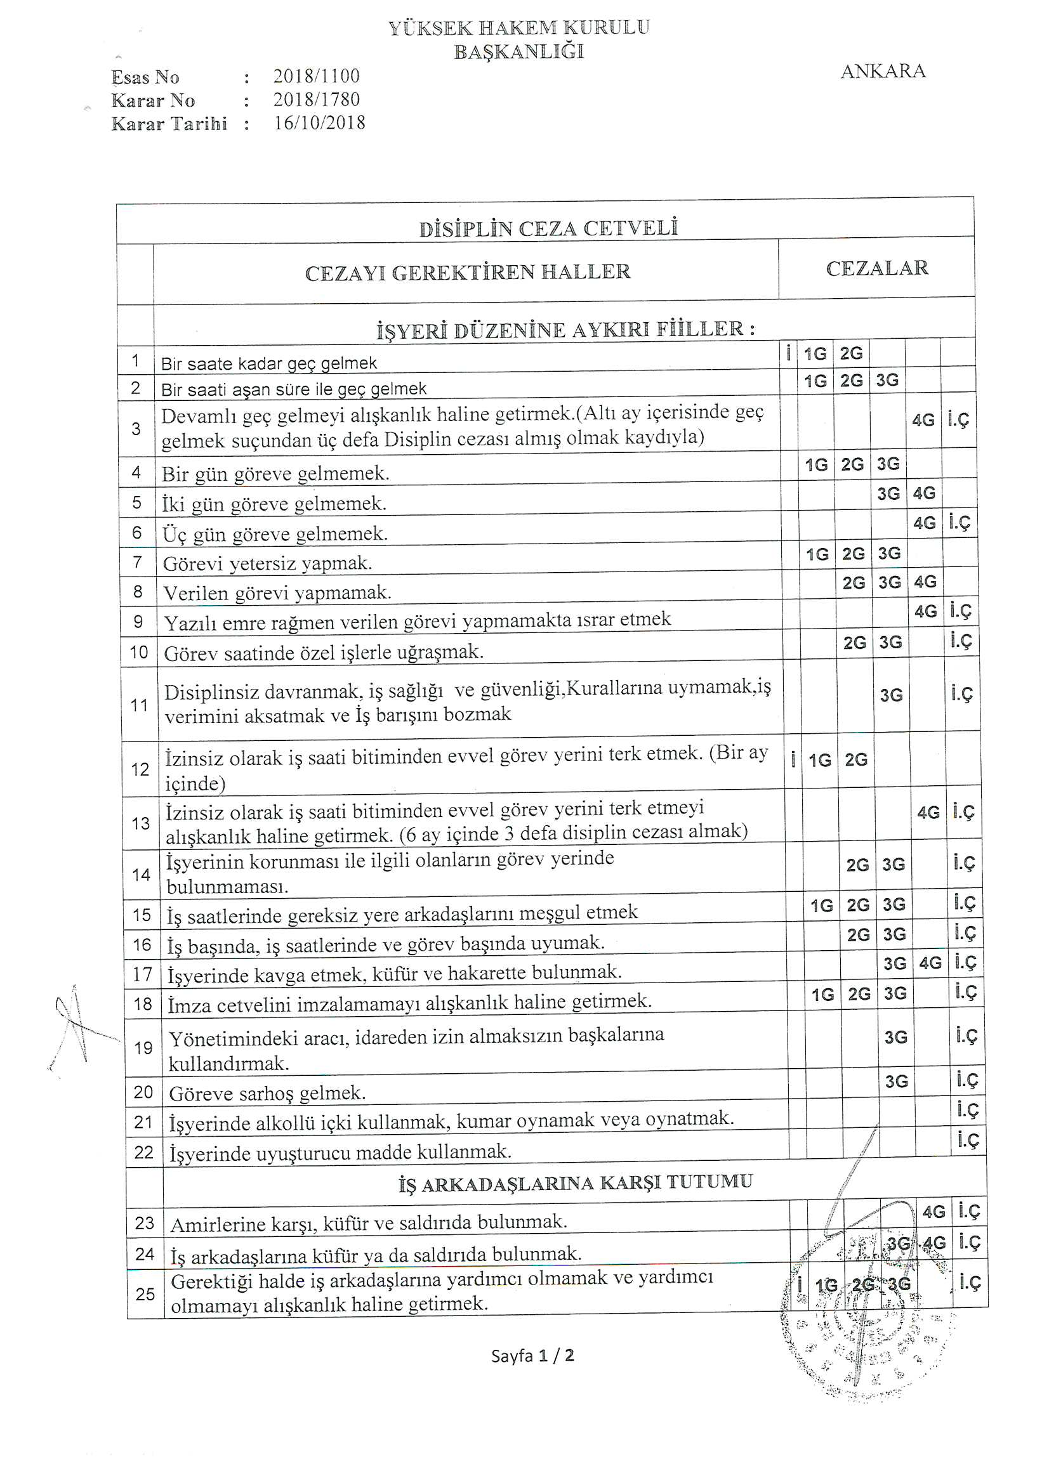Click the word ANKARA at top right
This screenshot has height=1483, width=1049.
point(882,71)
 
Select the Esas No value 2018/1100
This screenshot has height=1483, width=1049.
point(316,76)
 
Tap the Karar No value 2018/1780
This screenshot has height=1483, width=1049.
point(316,100)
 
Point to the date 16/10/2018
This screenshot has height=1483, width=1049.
point(319,122)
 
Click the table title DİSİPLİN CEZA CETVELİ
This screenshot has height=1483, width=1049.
point(548,228)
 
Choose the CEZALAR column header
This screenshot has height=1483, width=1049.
point(876,268)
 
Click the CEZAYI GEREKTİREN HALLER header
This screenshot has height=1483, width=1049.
point(467,272)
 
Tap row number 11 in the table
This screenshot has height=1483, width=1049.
point(140,705)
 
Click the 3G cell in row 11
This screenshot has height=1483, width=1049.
point(890,695)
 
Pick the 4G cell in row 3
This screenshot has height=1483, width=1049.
point(923,421)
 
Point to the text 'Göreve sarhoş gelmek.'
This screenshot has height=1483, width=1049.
point(268,1093)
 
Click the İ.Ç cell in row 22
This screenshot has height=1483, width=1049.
point(968,1140)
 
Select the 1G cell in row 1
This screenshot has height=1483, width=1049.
point(815,354)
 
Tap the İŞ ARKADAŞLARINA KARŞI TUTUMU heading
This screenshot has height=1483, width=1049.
point(575,1182)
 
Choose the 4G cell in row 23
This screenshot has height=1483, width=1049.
point(934,1212)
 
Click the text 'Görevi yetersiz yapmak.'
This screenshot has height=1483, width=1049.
point(267,563)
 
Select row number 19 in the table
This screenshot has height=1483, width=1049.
point(143,1047)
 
